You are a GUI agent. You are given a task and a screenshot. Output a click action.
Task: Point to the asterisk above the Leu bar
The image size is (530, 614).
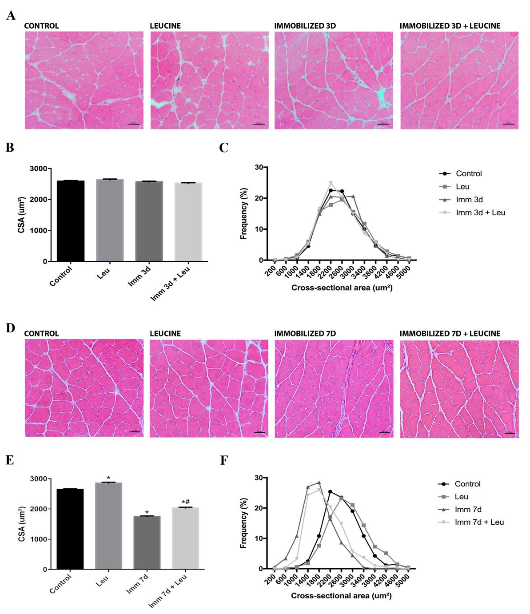point(109,478)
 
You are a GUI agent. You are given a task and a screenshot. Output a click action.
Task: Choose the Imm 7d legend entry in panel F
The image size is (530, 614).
point(468,509)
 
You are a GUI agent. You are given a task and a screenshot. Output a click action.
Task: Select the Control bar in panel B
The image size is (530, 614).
point(70,221)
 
